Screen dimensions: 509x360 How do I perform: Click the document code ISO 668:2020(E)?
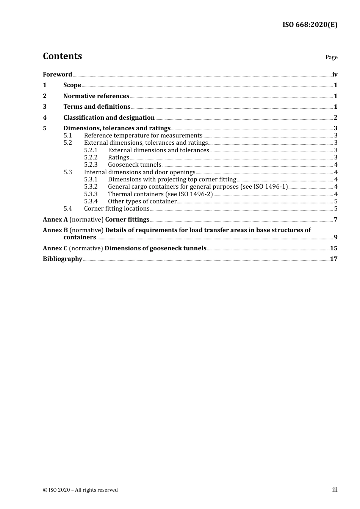click(310, 25)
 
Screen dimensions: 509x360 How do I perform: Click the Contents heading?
click(62, 56)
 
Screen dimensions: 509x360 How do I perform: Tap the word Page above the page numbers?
click(331, 57)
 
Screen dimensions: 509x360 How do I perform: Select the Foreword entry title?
click(57, 75)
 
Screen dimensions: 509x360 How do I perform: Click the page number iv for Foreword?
click(335, 75)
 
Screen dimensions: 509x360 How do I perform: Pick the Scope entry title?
click(72, 85)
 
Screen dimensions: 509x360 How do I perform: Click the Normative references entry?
click(96, 96)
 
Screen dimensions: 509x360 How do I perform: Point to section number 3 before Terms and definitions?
click(45, 107)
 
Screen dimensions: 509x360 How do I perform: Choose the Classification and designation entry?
click(109, 118)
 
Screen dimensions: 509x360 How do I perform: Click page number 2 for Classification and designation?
click(335, 118)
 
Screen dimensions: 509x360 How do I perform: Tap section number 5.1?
click(67, 136)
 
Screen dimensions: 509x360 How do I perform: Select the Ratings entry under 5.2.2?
click(119, 158)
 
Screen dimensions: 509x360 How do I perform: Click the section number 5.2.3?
click(91, 165)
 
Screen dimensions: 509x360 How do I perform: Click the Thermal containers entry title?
click(160, 194)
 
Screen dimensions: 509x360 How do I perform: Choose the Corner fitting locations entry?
click(117, 209)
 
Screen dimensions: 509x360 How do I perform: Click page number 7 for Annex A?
click(335, 220)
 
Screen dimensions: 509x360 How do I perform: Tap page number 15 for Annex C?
click(333, 248)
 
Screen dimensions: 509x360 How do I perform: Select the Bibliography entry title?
click(63, 259)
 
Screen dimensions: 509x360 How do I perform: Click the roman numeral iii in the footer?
click(335, 490)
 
